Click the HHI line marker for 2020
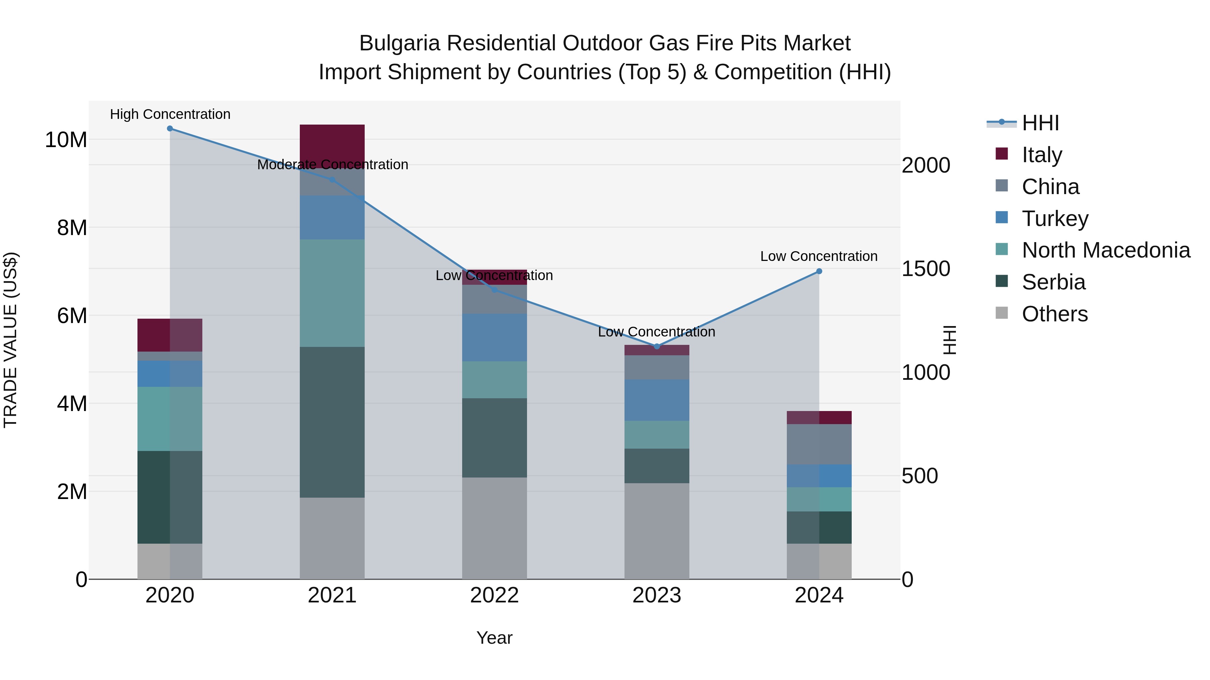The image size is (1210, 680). point(170,129)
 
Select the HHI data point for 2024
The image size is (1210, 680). point(819,271)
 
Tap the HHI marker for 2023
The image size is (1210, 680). point(657,346)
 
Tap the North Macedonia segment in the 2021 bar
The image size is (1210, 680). point(332,293)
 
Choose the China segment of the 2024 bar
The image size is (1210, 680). point(819,444)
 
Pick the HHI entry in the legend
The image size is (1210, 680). point(1040,123)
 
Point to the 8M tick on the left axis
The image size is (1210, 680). point(71,228)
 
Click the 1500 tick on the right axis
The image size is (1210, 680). point(925,269)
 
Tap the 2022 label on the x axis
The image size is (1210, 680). point(494,595)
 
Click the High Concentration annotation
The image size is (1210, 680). point(170,115)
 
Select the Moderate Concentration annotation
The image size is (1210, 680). point(332,165)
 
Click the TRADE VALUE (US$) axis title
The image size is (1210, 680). point(10,340)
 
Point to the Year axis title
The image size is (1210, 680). point(494,638)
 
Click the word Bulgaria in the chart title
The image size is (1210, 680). point(399,43)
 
